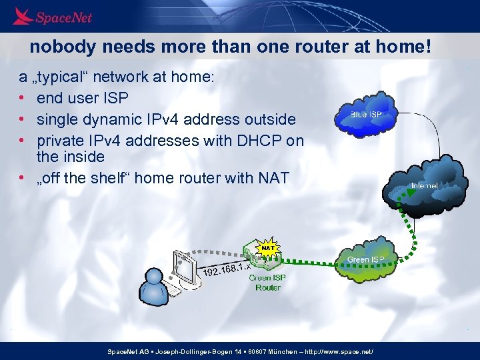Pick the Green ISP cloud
pos(365,259)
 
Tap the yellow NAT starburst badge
pos(267,248)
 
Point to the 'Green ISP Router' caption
pos(267,283)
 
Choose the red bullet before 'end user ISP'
pos(22,98)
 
